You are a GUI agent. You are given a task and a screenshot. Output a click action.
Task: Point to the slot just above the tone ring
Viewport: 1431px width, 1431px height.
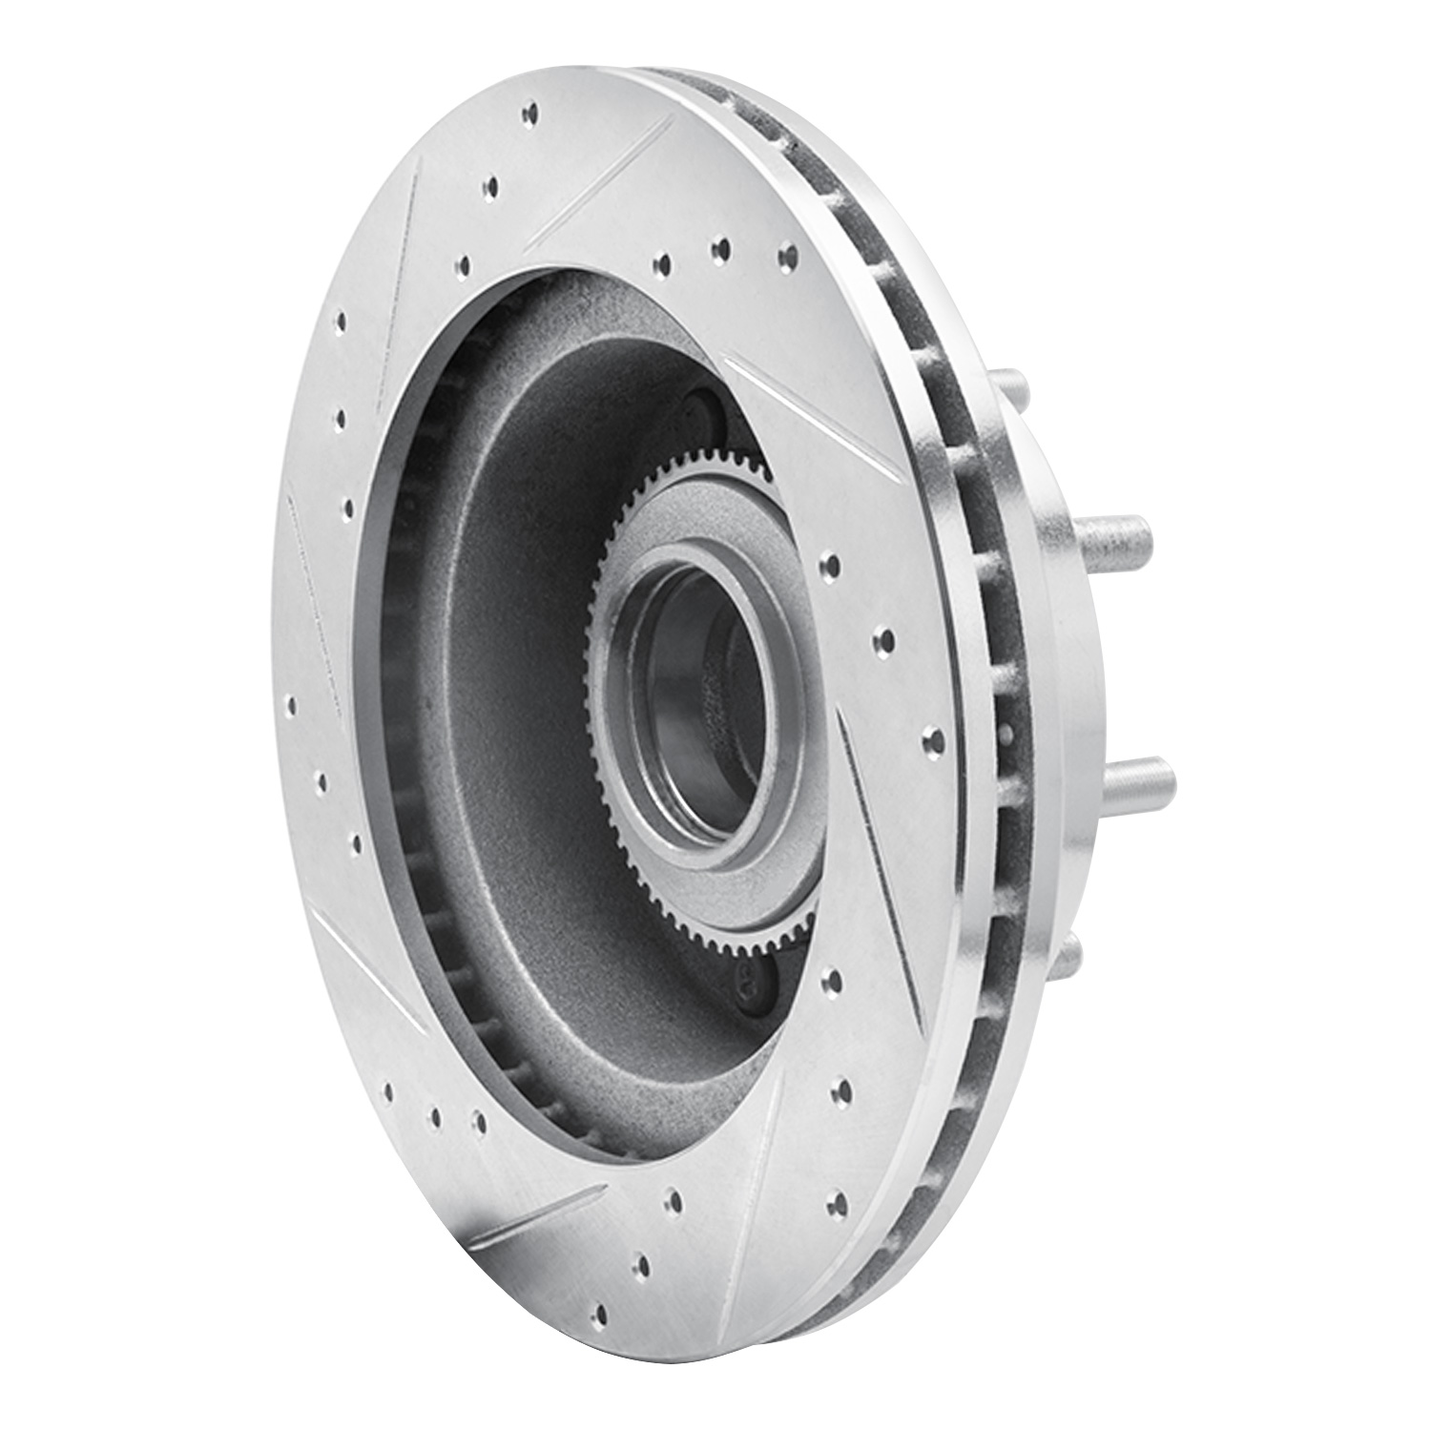(816, 420)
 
